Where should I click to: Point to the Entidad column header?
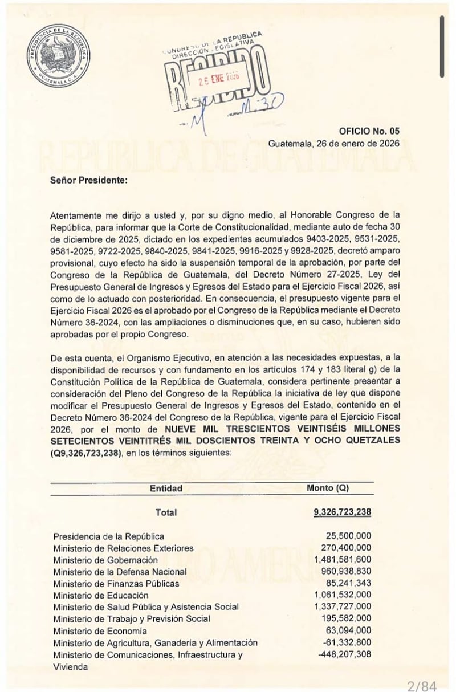click(166, 489)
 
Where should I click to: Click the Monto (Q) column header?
click(327, 489)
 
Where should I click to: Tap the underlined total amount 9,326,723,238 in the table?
click(342, 512)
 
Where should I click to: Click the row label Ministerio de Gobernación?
click(105, 560)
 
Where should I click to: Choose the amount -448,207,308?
click(344, 654)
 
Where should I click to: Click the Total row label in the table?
click(166, 512)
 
